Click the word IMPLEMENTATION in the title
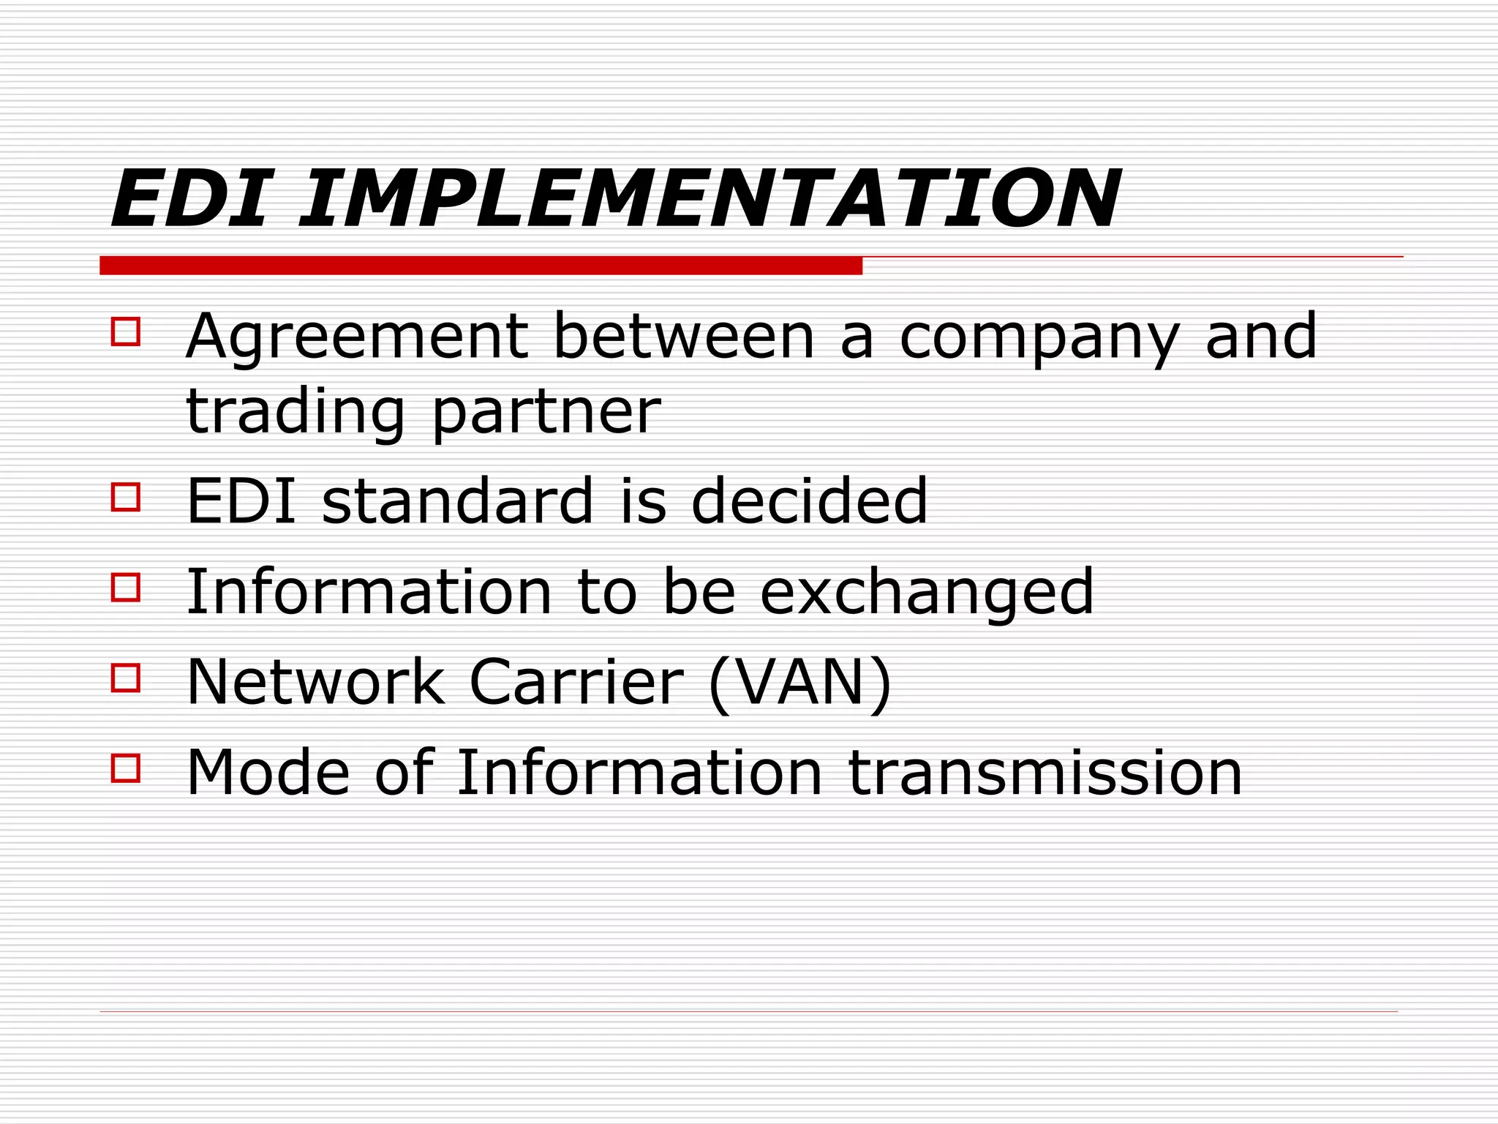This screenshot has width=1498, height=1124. (710, 199)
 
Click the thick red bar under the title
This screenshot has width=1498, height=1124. (481, 266)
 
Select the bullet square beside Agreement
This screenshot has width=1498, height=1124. (126, 331)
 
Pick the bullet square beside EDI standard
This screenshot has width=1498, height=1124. (126, 497)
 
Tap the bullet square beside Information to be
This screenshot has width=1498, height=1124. (126, 588)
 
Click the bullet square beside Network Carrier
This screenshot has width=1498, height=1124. (126, 678)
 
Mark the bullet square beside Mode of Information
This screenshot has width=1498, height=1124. (126, 768)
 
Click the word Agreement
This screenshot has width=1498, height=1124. (357, 338)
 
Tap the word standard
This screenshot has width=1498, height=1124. (457, 501)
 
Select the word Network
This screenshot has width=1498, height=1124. (316, 682)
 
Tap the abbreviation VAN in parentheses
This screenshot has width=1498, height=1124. (800, 682)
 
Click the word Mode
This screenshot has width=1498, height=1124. (268, 773)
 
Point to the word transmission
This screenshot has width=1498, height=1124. (1045, 773)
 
